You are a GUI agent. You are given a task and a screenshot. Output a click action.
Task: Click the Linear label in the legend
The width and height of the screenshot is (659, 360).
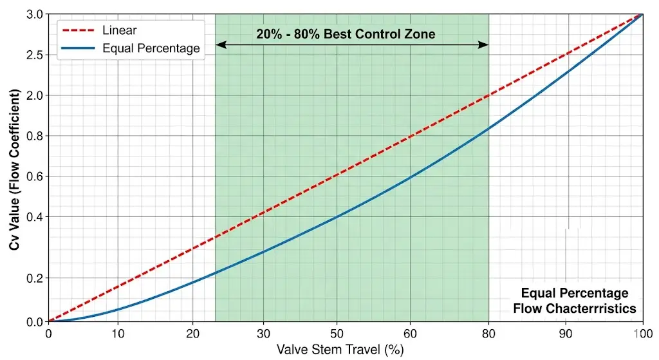[119, 30]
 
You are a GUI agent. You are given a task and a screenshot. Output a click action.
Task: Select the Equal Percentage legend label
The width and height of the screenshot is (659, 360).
[151, 48]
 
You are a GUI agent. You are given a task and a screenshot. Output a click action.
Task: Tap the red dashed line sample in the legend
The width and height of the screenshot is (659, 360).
[79, 30]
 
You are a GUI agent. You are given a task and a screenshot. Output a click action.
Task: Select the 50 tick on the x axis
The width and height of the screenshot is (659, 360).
[337, 334]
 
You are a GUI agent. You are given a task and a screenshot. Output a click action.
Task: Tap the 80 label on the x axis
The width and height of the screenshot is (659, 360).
[488, 334]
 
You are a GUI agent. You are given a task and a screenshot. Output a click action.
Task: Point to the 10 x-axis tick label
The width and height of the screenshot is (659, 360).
[118, 334]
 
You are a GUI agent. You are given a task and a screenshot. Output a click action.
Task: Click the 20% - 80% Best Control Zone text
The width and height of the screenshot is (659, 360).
[346, 34]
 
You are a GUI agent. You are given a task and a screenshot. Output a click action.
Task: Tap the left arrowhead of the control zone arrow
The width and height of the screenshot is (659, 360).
[219, 44]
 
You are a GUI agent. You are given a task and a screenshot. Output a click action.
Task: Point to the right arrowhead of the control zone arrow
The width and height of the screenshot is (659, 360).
[485, 44]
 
